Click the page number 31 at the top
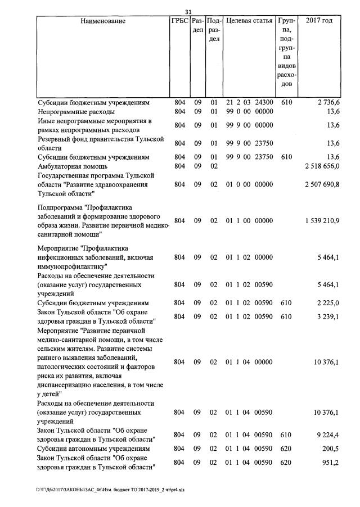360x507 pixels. point(188,12)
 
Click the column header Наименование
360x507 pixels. point(103,21)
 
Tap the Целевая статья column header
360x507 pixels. point(249,21)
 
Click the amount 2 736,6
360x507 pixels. point(327,103)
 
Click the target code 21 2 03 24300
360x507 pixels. point(249,103)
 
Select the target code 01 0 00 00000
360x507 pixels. point(249,184)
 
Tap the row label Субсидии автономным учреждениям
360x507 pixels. point(93,449)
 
